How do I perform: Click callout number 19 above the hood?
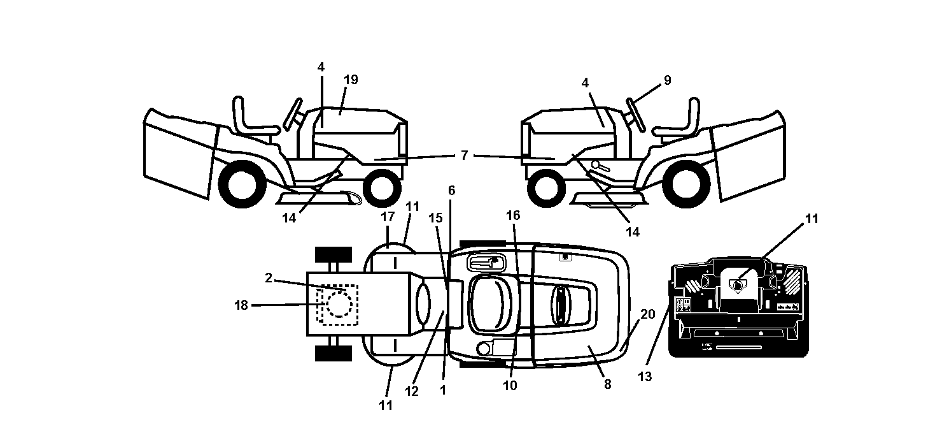point(351,80)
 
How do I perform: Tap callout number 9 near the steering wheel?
point(668,80)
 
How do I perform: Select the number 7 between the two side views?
point(465,156)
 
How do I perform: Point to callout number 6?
point(452,191)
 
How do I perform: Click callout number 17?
point(388,217)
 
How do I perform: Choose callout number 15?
point(435,218)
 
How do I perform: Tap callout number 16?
point(513,215)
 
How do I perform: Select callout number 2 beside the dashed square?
point(269,278)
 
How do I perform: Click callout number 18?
point(241,305)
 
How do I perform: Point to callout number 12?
point(412,391)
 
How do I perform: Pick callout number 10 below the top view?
point(510,386)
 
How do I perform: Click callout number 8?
point(608,384)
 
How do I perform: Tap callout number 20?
point(648,314)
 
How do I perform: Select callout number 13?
point(645,377)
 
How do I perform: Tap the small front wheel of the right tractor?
point(547,188)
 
